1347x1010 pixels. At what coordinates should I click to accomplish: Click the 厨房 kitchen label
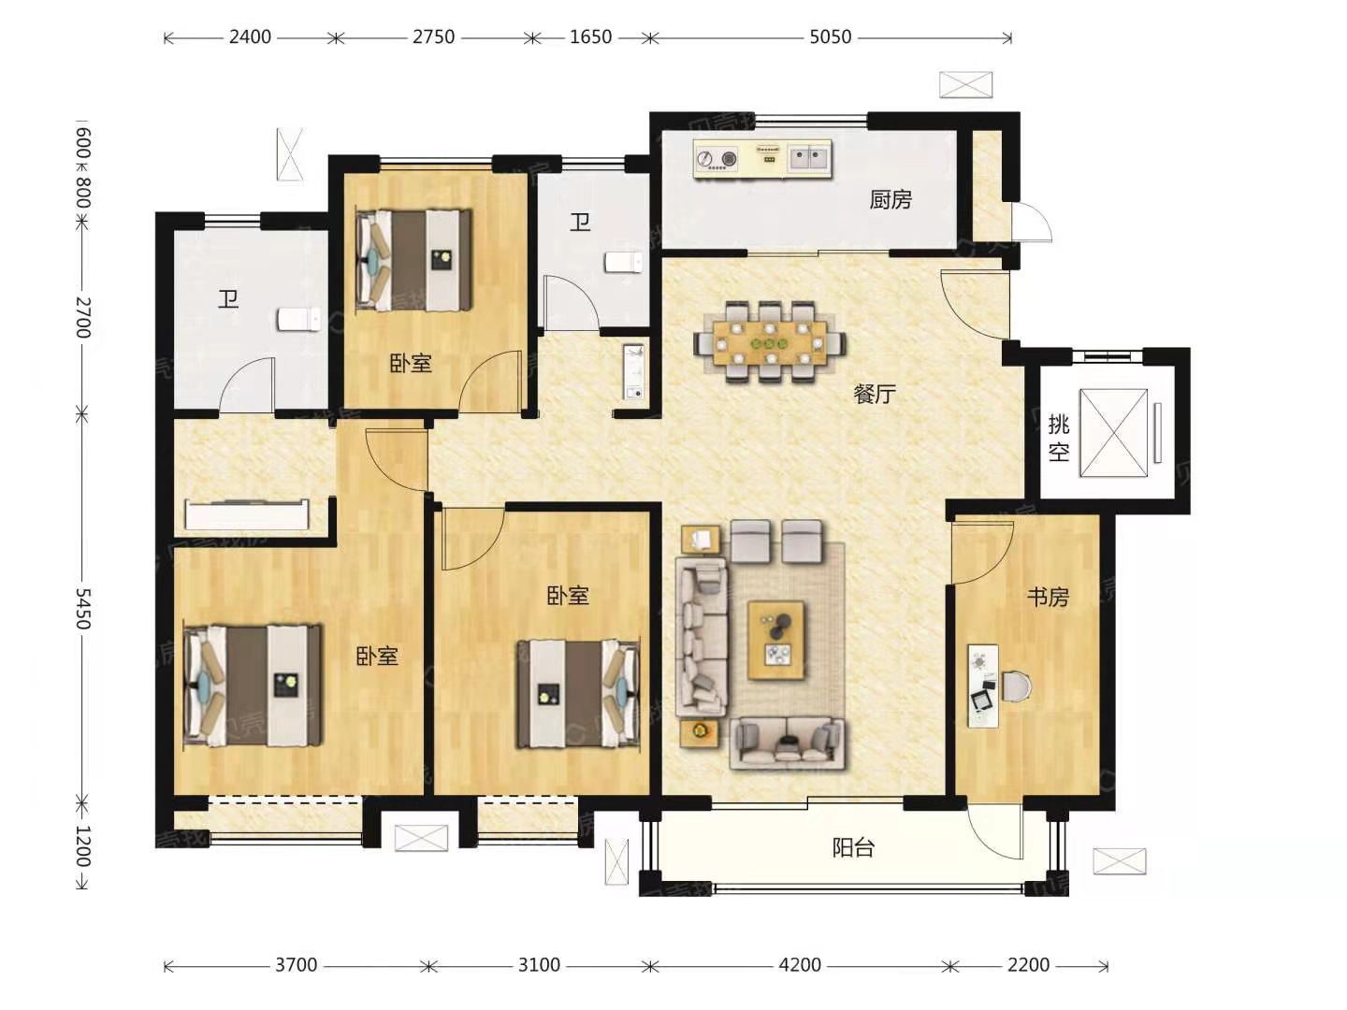(x=890, y=199)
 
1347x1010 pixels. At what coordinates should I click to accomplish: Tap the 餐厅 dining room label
(x=875, y=394)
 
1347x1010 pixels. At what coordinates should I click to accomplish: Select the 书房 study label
(x=1049, y=597)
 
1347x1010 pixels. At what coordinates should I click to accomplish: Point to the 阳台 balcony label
(x=853, y=848)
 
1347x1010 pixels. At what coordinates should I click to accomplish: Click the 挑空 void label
(x=1059, y=438)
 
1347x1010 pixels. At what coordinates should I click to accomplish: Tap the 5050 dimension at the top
(x=831, y=37)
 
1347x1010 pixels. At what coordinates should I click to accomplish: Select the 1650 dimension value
(x=590, y=37)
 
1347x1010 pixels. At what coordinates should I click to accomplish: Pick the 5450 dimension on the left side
(x=83, y=608)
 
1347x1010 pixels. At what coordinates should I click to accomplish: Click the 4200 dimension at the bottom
(x=800, y=965)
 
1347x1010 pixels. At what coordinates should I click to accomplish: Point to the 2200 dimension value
(x=1029, y=965)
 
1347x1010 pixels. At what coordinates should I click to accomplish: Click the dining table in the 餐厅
(x=770, y=341)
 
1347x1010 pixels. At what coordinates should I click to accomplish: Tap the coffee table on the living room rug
(x=776, y=640)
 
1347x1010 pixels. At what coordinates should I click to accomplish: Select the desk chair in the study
(x=1016, y=686)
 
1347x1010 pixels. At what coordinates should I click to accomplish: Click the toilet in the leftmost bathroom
(x=298, y=319)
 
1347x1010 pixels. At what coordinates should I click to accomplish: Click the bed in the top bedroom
(x=414, y=260)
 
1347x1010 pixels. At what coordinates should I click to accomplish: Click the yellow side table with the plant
(x=700, y=733)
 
